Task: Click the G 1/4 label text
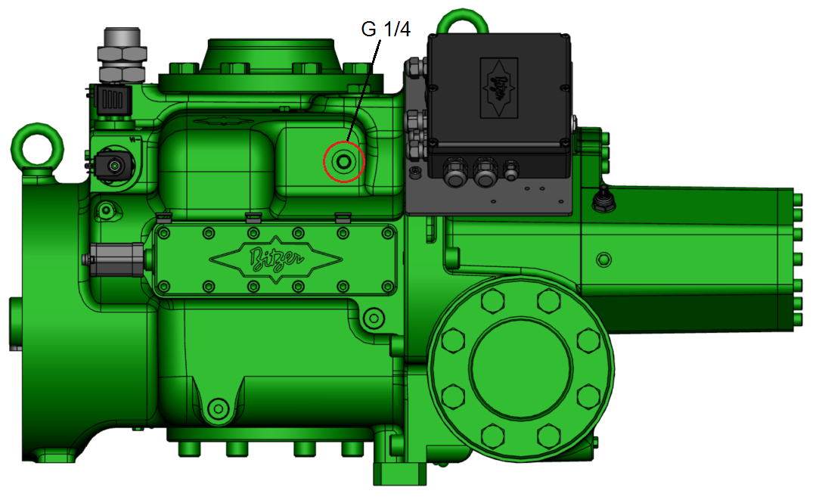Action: (x=386, y=30)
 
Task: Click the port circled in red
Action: (x=343, y=161)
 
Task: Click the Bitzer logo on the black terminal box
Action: (x=498, y=88)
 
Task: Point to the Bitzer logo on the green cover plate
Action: (x=275, y=259)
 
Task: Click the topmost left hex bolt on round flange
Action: (x=492, y=301)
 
